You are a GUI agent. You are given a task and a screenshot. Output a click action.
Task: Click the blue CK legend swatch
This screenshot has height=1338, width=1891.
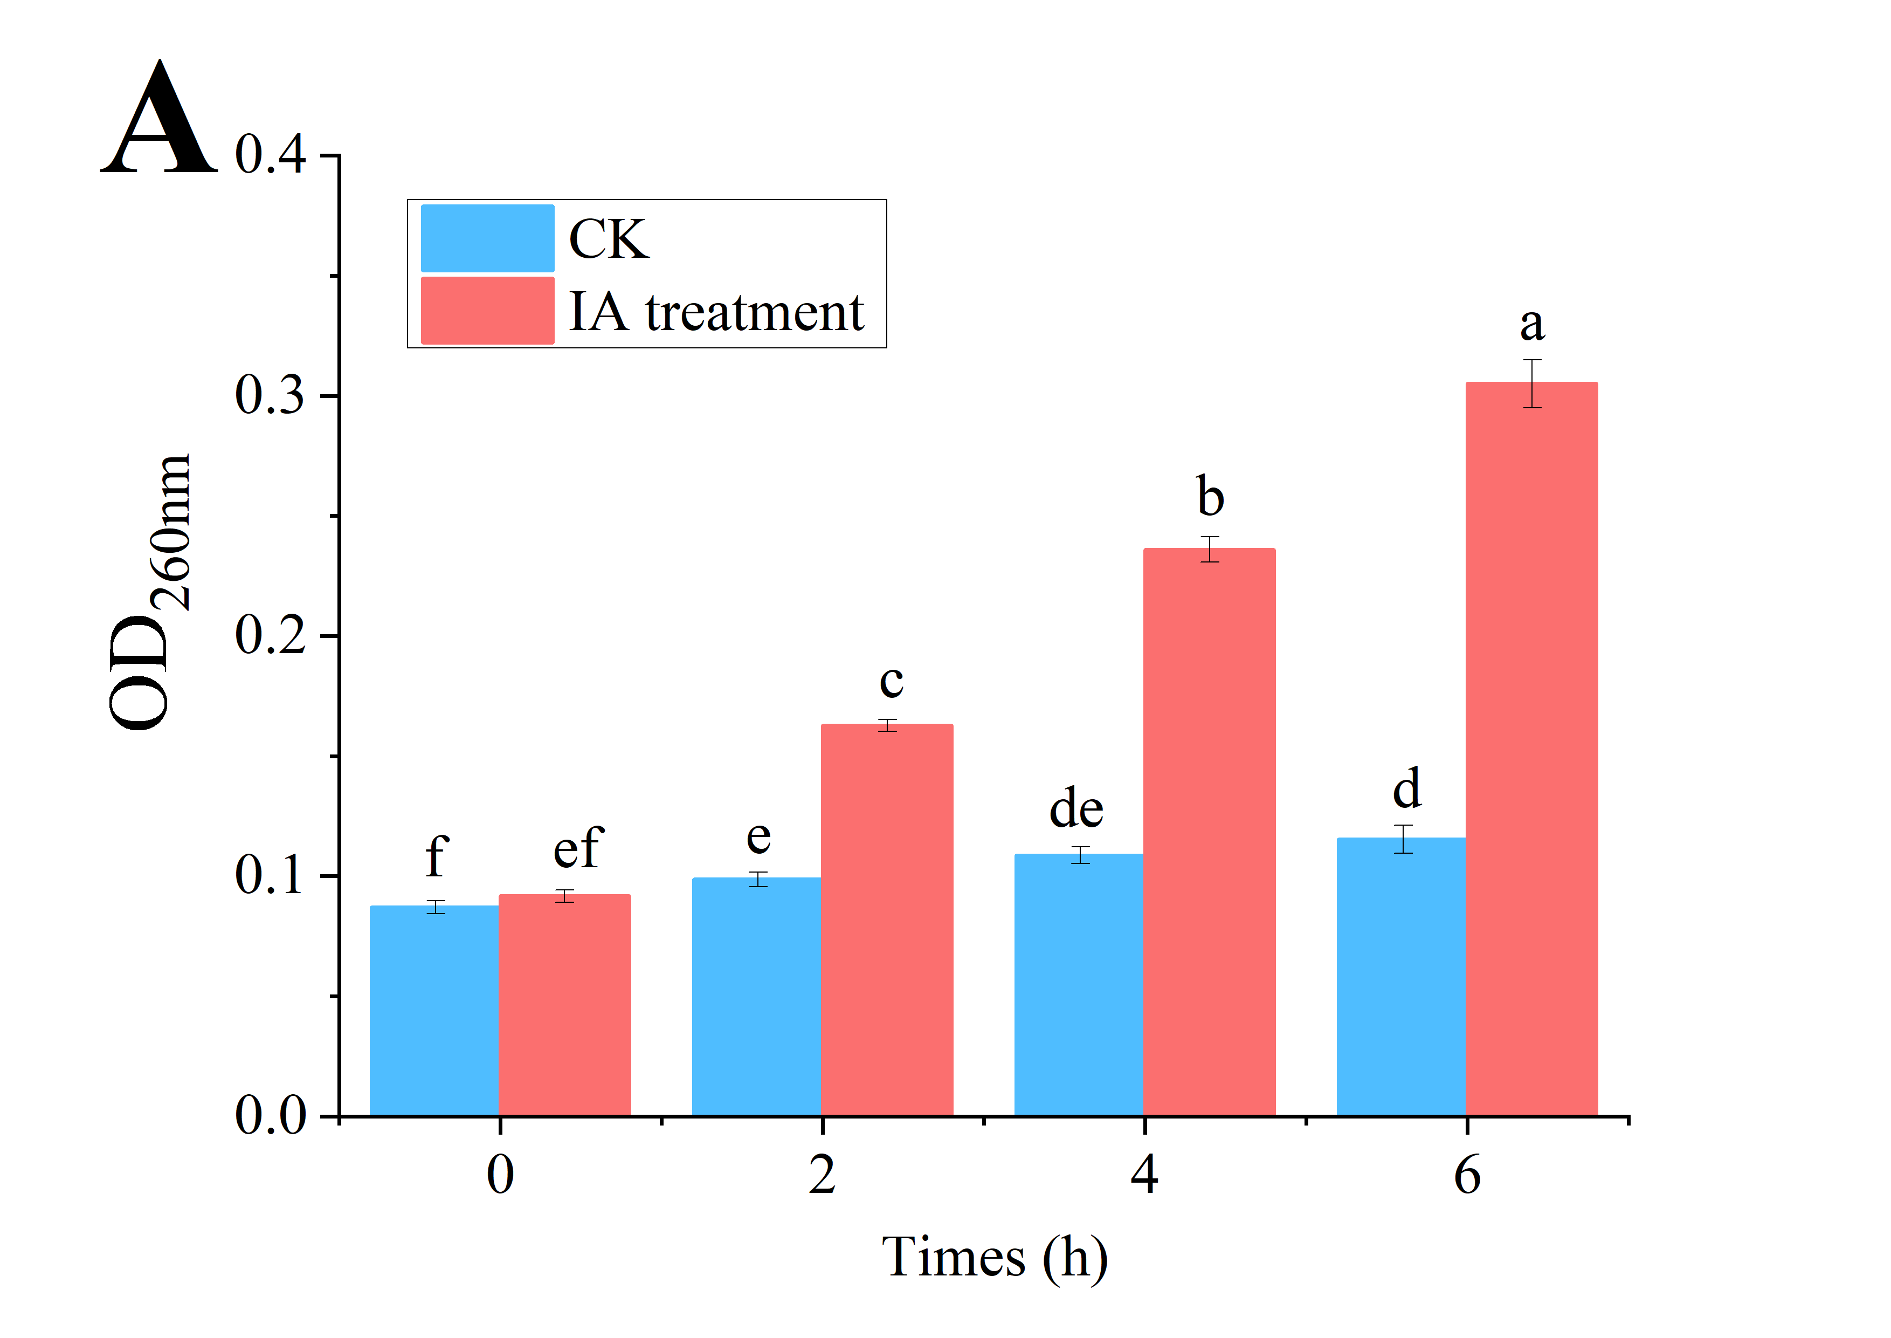488,238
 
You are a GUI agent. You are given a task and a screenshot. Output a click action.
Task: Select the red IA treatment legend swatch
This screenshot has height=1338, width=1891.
488,311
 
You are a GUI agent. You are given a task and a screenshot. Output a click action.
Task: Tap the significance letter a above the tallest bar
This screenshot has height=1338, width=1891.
1532,324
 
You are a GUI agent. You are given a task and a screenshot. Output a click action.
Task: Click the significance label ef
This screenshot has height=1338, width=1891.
578,849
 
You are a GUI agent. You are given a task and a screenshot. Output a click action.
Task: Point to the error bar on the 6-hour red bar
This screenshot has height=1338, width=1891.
1532,384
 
